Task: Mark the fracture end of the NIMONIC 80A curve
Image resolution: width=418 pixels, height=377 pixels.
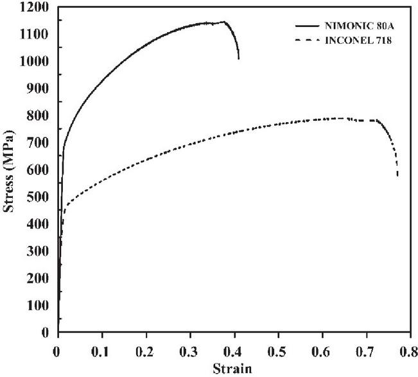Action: coord(239,59)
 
